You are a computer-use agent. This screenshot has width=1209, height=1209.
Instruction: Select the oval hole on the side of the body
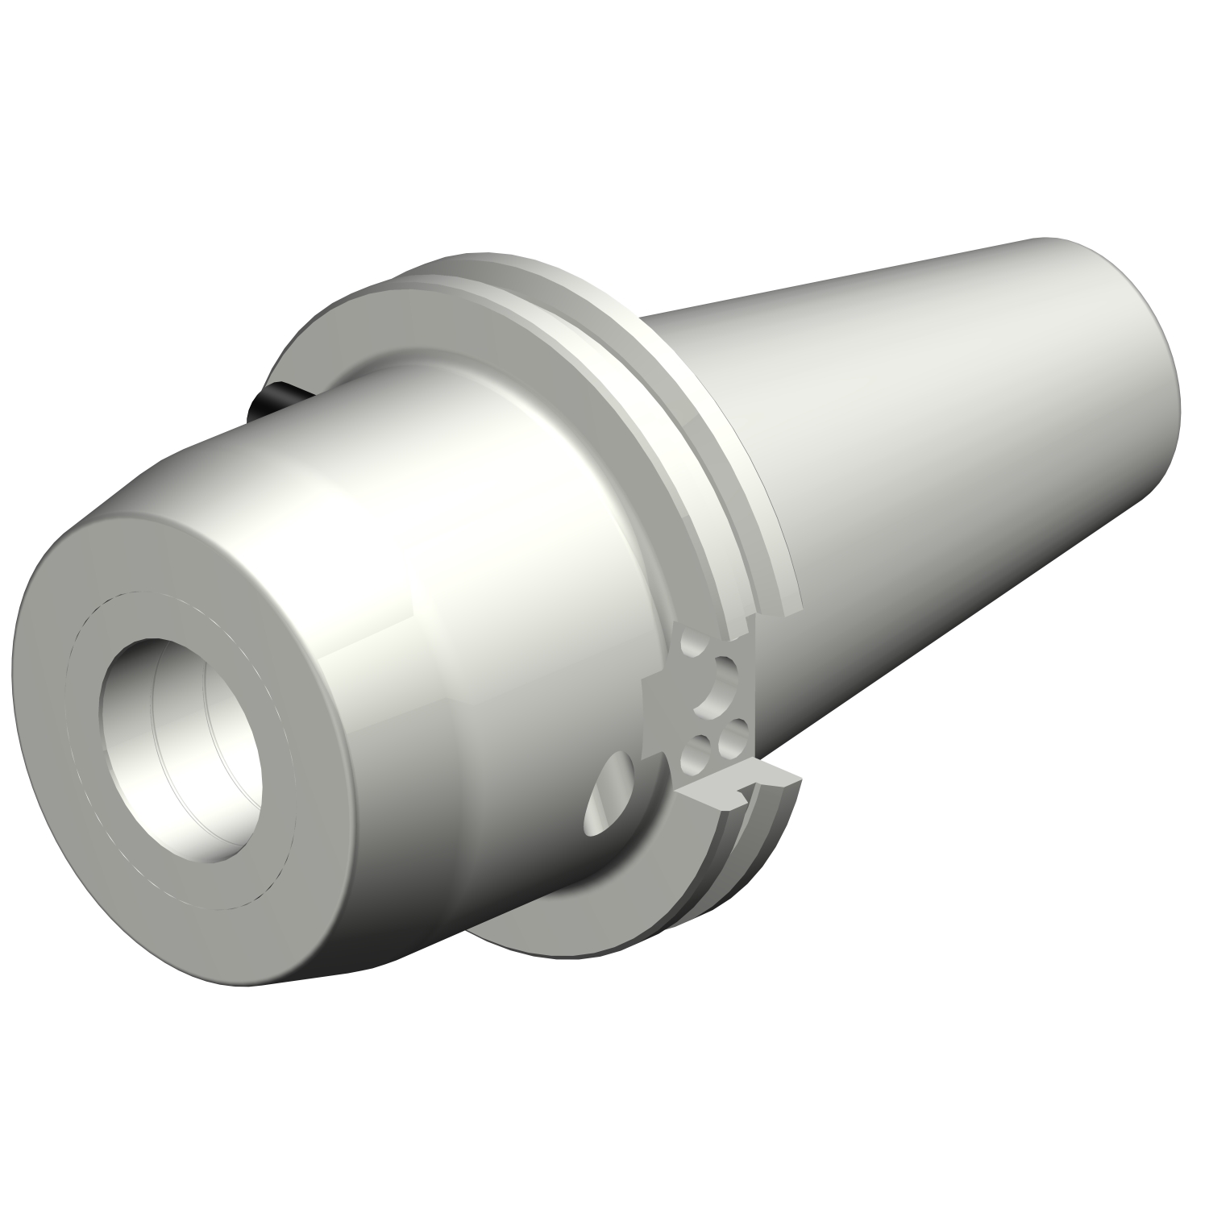(x=613, y=794)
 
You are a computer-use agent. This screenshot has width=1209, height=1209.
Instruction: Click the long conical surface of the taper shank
(x=927, y=443)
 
